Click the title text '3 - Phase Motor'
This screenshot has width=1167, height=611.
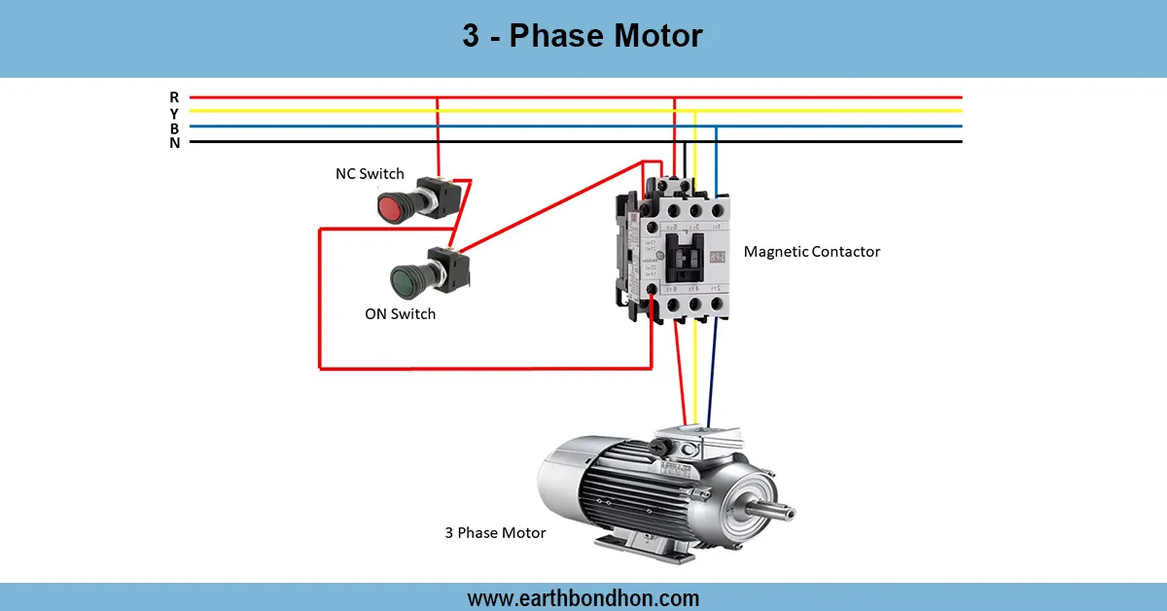[x=582, y=37]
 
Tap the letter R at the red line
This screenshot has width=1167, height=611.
[x=174, y=97]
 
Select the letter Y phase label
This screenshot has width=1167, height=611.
[x=174, y=113]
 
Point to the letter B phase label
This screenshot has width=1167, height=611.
[x=174, y=127]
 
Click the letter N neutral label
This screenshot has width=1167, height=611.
[x=174, y=143]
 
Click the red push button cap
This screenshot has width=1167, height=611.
[x=391, y=206]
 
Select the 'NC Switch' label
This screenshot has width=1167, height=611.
[x=369, y=174]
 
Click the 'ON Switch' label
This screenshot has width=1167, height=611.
[x=400, y=314]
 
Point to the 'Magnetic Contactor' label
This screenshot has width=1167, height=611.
[x=811, y=252]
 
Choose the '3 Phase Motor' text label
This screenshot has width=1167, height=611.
[x=495, y=533]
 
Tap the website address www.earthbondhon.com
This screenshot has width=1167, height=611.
[x=583, y=598]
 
